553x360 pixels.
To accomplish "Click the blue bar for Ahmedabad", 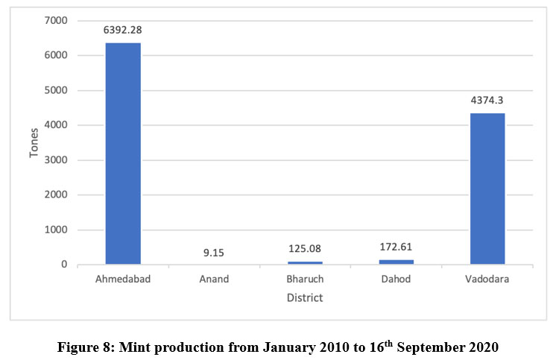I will pyautogui.click(x=123, y=154).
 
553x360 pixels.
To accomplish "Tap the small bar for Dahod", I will pyautogui.click(x=396, y=262).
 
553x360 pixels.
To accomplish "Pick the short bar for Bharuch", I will pyautogui.click(x=305, y=262).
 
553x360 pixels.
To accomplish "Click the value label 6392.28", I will pyautogui.click(x=123, y=31).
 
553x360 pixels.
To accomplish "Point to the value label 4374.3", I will pyautogui.click(x=487, y=101).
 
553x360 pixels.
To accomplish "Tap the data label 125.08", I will pyautogui.click(x=305, y=248).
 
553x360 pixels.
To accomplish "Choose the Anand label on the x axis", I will pyautogui.click(x=214, y=280).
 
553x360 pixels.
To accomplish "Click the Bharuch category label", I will pyautogui.click(x=305, y=280).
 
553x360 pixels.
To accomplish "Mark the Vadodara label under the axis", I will pyautogui.click(x=487, y=280).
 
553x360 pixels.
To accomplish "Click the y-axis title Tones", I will pyautogui.click(x=34, y=142).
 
